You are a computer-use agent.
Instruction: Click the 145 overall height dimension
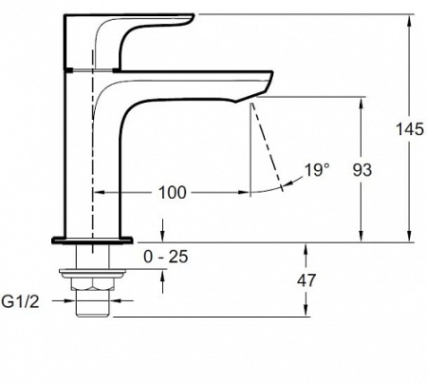410,129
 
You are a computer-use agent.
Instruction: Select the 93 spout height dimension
362,170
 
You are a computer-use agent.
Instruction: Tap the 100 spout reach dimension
172,192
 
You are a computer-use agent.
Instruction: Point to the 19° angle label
317,170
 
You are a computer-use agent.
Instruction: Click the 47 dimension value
306,280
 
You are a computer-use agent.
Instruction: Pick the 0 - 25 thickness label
166,257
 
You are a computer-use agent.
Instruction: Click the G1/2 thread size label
21,301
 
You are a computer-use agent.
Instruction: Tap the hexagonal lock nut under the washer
92,283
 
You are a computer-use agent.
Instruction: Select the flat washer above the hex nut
92,274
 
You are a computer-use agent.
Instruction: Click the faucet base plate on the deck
92,241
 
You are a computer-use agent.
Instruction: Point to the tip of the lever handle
193,16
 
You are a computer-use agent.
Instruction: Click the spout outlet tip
253,97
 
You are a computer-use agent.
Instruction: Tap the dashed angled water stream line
268,146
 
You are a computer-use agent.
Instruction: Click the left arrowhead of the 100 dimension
100,192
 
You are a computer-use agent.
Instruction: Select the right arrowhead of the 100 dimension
245,192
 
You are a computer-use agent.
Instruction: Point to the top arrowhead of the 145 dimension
409,20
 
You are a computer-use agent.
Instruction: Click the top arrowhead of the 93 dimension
362,103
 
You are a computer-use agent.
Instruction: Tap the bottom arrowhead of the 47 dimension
306,310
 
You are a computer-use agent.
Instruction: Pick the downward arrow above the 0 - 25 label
162,230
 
